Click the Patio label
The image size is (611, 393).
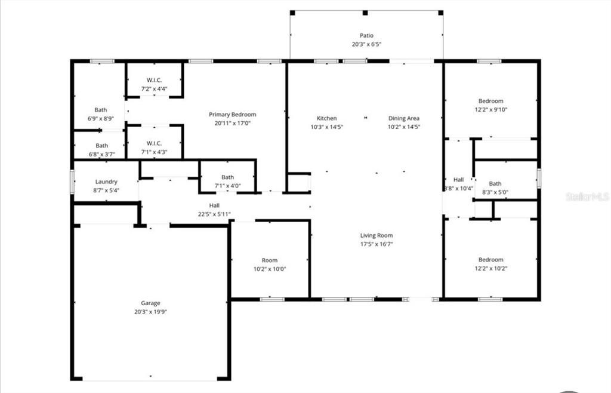tap(366, 36)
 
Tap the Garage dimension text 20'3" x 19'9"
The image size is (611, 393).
tap(150, 312)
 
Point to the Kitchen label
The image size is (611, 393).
tap(326, 118)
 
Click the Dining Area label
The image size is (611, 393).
tap(404, 118)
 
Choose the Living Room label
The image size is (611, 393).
tap(376, 235)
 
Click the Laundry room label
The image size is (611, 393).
tap(106, 182)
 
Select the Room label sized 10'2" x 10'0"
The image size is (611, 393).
tap(270, 260)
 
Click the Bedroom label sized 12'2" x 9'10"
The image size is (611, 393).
tap(490, 101)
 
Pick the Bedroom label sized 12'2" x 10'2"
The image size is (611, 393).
tap(490, 260)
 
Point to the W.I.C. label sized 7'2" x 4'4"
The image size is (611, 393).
tap(154, 80)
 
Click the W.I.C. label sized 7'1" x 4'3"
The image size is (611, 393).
tap(154, 143)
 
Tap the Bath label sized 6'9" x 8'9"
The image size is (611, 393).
tap(101, 110)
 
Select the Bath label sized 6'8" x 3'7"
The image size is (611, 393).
tap(102, 145)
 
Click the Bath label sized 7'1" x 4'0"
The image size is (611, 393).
tap(228, 177)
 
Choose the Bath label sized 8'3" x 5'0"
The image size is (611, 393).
tap(495, 184)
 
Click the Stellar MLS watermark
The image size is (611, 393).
tap(588, 196)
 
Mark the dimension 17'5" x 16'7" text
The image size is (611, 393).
tap(376, 244)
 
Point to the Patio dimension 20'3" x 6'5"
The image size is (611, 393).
tap(366, 44)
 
